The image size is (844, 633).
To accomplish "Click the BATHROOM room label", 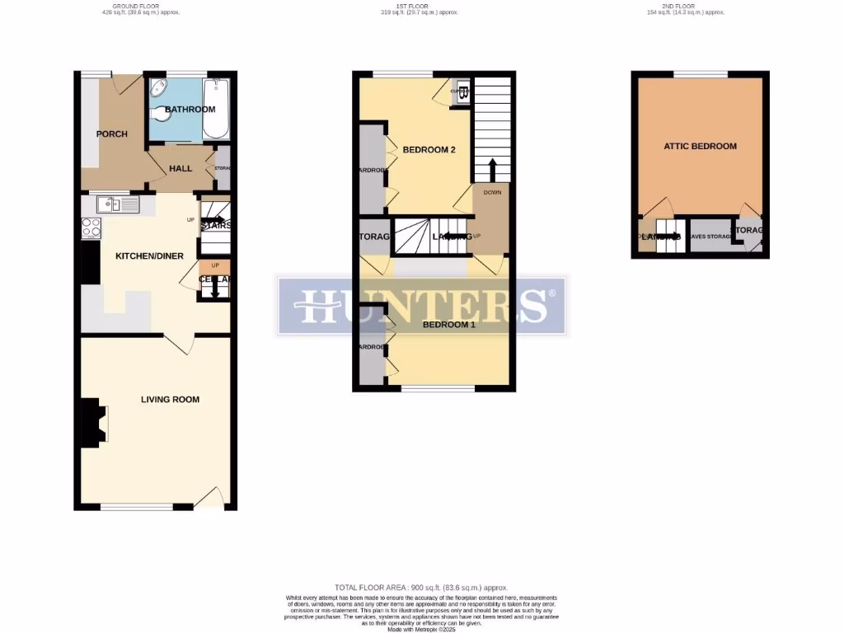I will pos(190,110).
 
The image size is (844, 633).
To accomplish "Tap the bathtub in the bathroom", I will pos(216,110).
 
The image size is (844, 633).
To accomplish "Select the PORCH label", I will pos(112,134).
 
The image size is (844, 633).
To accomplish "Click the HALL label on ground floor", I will pos(181,169).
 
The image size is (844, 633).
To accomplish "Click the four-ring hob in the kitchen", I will pos(91,227).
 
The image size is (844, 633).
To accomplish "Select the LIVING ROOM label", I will pos(170,400).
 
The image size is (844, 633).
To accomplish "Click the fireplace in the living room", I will pos(90,424).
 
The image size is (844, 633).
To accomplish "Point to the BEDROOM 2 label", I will pos(429,150).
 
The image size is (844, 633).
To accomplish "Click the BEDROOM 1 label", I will pos(449,325).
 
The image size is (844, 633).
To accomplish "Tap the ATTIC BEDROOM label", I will pos(700,147).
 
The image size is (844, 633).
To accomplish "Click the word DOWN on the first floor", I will pos(492,192).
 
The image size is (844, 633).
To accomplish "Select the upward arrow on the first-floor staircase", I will pos(493,171).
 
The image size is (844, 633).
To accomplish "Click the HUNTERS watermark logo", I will pos(421,306).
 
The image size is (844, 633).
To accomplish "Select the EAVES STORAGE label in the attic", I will pos(710,237).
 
